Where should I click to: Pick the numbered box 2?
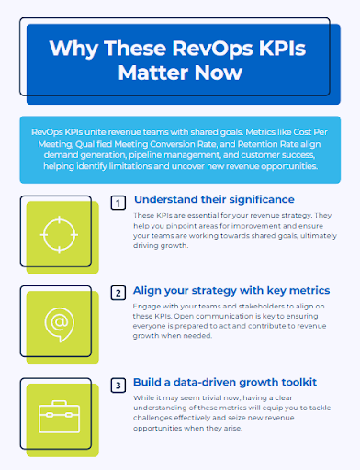click(118, 294)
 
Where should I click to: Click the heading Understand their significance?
click(214, 199)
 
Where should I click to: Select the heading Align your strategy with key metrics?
click(231, 290)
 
